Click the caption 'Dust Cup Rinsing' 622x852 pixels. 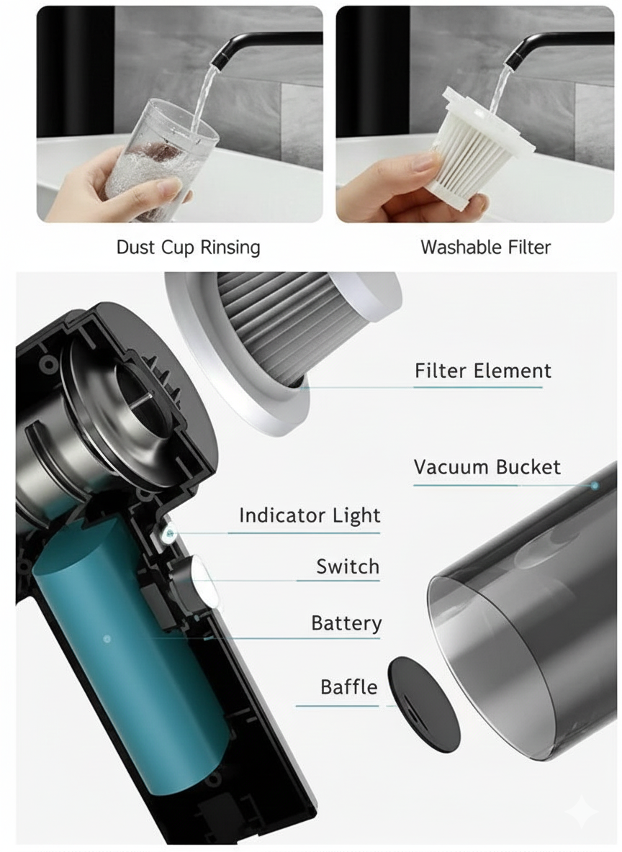tap(188, 248)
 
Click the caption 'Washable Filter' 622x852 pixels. tap(485, 248)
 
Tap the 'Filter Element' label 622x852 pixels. tap(482, 371)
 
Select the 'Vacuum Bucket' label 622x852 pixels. tap(487, 467)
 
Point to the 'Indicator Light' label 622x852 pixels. tap(310, 516)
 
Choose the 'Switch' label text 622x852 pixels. tap(348, 567)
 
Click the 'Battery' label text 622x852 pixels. tap(346, 623)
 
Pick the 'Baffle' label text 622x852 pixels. tap(349, 687)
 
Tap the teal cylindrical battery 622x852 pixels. tap(122, 648)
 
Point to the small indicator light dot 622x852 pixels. tap(170, 533)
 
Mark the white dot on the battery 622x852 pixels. tap(107, 638)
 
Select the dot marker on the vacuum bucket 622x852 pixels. tap(595, 486)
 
